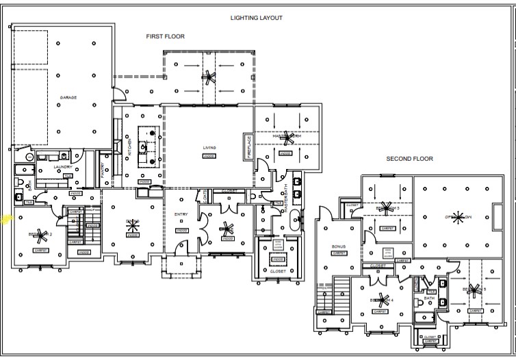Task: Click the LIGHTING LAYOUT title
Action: (x=257, y=18)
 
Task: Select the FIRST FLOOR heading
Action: (x=165, y=36)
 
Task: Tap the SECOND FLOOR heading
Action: (x=410, y=159)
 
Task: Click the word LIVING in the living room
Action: (x=209, y=148)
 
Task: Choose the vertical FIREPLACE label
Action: (x=249, y=146)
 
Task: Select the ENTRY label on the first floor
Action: (x=181, y=215)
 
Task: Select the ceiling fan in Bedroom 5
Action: (x=475, y=290)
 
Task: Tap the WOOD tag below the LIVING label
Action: (x=209, y=156)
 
